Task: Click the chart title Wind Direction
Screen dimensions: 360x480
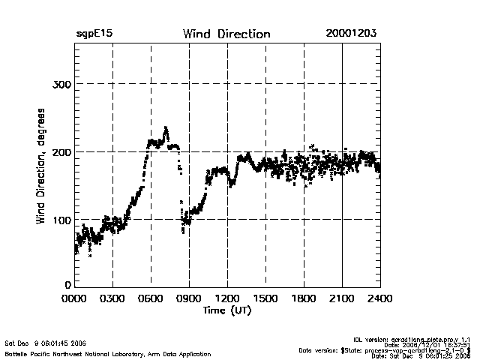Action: tap(226, 34)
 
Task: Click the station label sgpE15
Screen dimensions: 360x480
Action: tap(94, 34)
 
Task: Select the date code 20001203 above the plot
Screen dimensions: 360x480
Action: tap(351, 34)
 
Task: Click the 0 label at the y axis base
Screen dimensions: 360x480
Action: tap(67, 285)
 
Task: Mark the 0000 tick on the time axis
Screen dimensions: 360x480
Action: tap(75, 298)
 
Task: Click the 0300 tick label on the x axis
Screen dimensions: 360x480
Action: tap(113, 298)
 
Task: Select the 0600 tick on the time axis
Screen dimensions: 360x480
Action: tap(151, 298)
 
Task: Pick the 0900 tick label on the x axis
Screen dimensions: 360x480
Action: tap(190, 298)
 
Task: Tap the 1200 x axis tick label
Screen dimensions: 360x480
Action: tap(228, 298)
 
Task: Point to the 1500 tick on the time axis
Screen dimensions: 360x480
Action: tap(266, 298)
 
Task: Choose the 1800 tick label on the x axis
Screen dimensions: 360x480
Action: tap(304, 298)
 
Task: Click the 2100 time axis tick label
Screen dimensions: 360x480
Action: tap(343, 298)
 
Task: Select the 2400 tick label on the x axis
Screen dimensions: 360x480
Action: tap(379, 298)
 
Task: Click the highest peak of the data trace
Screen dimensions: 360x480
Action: tap(166, 128)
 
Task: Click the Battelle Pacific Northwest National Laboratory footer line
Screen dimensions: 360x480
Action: tap(108, 353)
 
